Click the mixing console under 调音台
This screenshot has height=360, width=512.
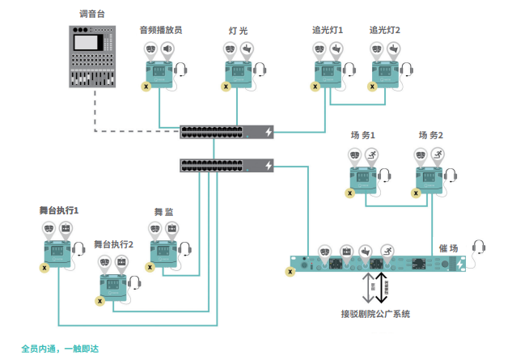click(x=89, y=57)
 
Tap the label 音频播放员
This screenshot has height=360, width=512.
click(x=161, y=30)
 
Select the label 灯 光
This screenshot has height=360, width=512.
click(x=238, y=31)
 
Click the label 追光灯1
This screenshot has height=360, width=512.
click(x=328, y=30)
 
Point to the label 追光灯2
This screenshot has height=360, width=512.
click(x=384, y=30)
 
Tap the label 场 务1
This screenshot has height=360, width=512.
click(x=362, y=135)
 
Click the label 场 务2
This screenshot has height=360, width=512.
click(x=431, y=135)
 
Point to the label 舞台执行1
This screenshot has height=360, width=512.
click(x=58, y=210)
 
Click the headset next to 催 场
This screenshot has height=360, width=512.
click(x=478, y=248)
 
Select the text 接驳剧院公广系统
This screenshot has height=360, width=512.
click(x=375, y=313)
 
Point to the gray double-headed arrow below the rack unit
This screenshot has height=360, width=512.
click(x=365, y=286)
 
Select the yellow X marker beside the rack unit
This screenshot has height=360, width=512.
click(x=290, y=272)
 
